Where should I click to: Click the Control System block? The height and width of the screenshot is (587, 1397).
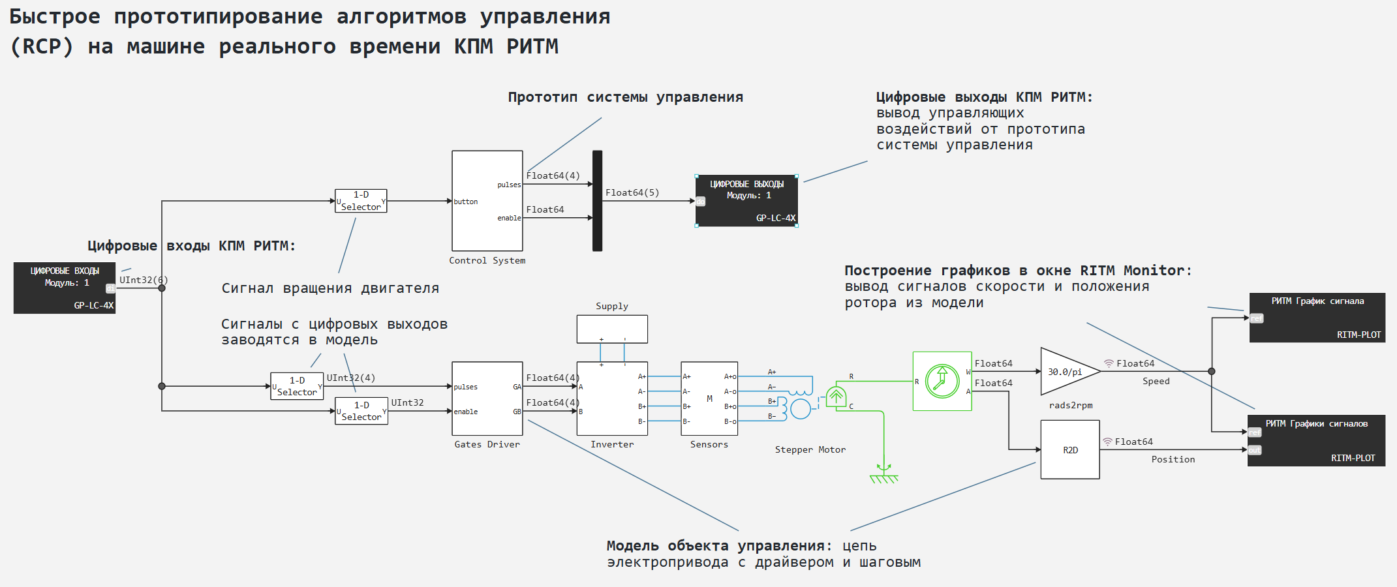[487, 201]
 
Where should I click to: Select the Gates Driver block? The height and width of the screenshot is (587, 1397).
[487, 399]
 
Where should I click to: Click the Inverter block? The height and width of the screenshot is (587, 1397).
[611, 399]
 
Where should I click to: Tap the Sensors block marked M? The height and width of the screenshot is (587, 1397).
[709, 399]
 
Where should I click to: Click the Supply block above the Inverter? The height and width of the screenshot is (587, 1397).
[611, 329]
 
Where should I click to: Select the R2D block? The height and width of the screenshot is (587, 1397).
[1070, 450]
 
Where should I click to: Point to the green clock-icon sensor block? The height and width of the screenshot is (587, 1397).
[942, 381]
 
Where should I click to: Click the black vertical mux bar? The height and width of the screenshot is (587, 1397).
[597, 201]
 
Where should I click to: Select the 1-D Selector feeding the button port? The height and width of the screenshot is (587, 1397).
[361, 201]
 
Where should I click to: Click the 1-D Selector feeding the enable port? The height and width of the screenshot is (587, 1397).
[361, 412]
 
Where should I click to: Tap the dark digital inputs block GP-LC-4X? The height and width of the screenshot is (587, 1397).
[65, 288]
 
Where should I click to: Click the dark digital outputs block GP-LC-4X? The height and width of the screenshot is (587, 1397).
[747, 201]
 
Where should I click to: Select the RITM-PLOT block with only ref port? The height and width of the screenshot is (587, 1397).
[1317, 318]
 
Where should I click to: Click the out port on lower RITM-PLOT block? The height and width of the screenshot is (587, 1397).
[1255, 450]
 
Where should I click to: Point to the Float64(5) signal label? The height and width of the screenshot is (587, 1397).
[632, 192]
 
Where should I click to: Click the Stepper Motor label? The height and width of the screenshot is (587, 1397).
[810, 449]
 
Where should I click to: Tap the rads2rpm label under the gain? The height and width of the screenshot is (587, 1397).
[1070, 405]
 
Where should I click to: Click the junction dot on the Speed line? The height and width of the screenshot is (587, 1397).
[1212, 371]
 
